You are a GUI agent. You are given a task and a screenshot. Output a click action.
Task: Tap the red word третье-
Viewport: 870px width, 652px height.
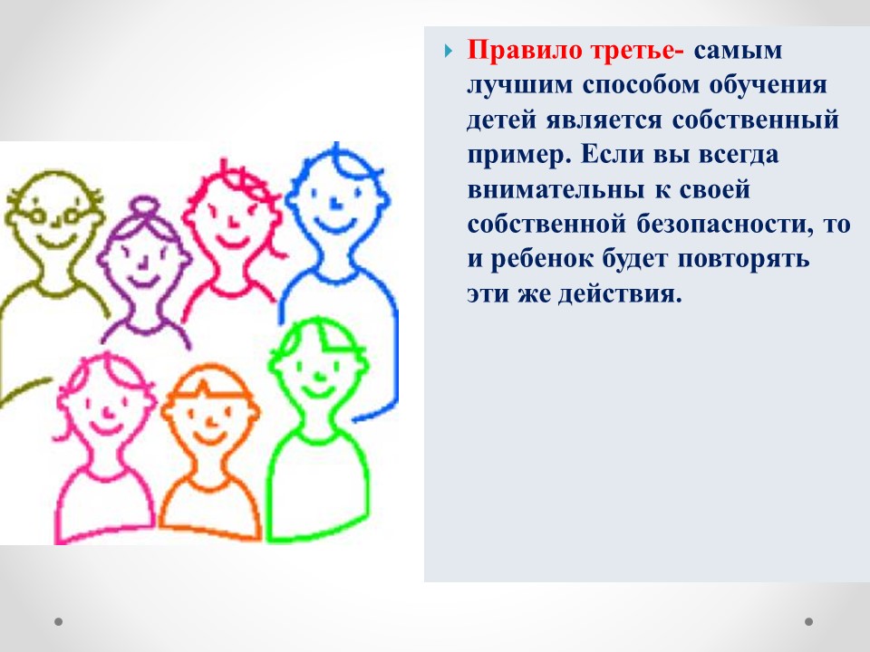[637, 51]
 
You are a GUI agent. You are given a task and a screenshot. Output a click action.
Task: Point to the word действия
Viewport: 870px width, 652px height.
[620, 293]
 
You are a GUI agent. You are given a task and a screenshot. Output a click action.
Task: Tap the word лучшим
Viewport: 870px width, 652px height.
[520, 86]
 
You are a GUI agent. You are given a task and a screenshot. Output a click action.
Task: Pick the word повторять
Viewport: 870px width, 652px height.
[743, 259]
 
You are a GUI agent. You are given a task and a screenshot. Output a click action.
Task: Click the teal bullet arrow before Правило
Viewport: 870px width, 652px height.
[449, 52]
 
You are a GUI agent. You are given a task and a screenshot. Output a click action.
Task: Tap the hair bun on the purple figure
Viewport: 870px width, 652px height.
[144, 208]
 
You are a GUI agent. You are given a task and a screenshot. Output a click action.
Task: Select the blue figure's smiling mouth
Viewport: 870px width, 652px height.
[334, 225]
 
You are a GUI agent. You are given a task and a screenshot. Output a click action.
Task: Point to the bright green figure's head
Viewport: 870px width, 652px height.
[316, 366]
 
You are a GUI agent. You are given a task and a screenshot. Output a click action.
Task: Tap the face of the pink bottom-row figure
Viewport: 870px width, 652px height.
[105, 410]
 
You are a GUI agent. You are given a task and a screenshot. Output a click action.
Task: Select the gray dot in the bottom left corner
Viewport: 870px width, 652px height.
[58, 621]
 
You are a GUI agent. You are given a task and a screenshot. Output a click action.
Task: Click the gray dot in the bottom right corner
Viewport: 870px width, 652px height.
[809, 621]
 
